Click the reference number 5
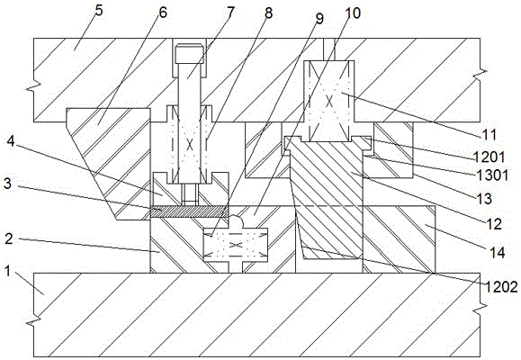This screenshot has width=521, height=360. (99, 11)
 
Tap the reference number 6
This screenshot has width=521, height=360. (163, 13)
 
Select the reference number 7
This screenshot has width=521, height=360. (230, 13)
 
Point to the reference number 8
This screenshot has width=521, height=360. (268, 13)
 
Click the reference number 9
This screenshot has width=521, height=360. (319, 19)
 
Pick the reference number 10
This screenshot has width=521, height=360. (353, 13)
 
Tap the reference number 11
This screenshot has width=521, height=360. (490, 135)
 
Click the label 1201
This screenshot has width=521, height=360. (490, 157)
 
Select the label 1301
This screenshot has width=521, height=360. (491, 175)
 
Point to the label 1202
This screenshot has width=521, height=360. (501, 286)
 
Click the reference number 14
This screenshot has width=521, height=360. (498, 253)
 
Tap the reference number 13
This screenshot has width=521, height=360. (484, 199)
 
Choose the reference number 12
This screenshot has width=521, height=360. (494, 224)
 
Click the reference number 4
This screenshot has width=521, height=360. (12, 142)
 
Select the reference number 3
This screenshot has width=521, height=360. (7, 184)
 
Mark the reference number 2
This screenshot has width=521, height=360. (9, 238)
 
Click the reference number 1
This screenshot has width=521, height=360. (7, 271)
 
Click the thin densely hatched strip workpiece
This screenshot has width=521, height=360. (190, 211)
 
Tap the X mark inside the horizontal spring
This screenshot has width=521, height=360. (235, 246)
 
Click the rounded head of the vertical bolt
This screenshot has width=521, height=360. (189, 53)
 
